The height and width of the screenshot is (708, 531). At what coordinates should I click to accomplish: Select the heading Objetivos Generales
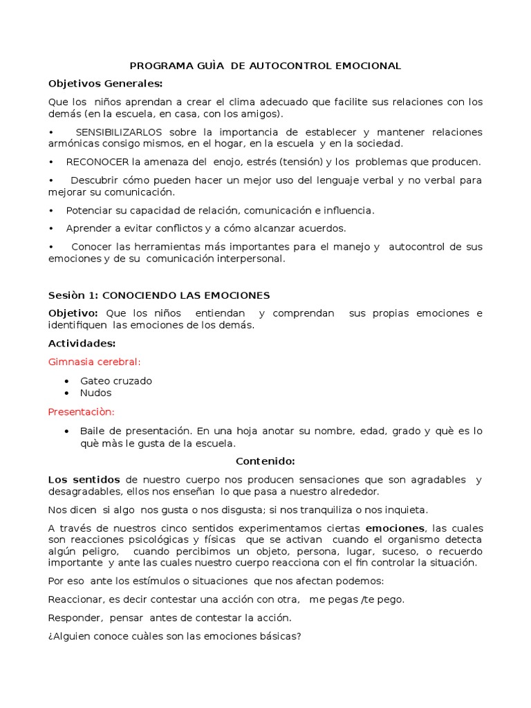(105, 84)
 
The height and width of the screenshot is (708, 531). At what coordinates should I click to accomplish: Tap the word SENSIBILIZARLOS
(119, 132)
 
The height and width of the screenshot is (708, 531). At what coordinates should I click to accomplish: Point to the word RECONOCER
(97, 162)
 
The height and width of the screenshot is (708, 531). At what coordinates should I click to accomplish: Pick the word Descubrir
(93, 180)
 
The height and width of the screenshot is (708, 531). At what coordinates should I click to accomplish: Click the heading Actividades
(82, 344)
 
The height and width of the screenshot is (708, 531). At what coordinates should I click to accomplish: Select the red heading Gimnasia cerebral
(94, 362)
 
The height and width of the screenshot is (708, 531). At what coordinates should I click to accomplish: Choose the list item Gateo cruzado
(115, 381)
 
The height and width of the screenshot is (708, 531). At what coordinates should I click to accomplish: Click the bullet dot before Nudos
(66, 393)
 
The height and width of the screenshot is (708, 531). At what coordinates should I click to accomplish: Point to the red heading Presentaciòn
(81, 411)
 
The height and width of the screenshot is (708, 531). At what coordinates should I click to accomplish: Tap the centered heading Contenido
(265, 461)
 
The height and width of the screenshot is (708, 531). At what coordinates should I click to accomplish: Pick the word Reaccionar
(75, 599)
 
